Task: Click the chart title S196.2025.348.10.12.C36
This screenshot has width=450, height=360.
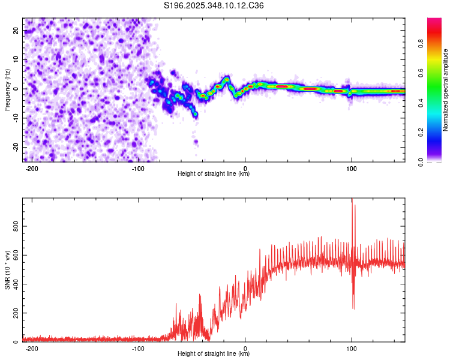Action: pos(214,6)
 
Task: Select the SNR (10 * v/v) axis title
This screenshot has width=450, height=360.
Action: pos(7,270)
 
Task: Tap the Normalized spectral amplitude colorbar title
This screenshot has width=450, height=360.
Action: pos(446,90)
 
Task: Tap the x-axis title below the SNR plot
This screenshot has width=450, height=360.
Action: pos(214,354)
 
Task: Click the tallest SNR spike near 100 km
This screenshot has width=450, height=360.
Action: pos(352,201)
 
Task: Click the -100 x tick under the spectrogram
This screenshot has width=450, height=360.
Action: pos(138,168)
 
